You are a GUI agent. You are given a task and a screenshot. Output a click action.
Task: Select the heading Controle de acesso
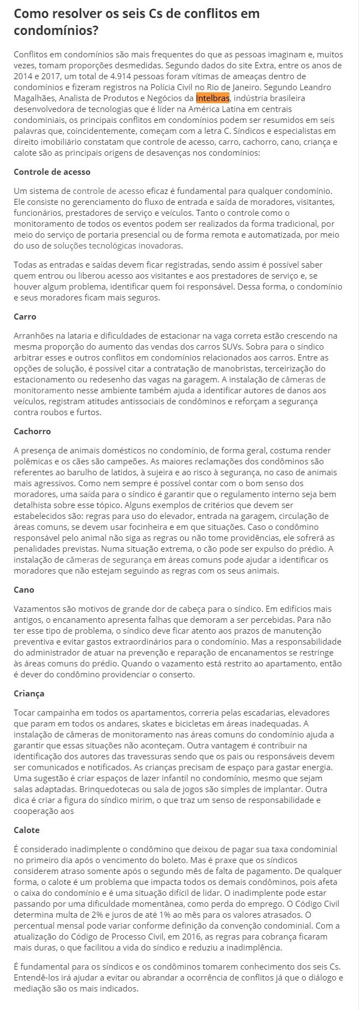click(52, 172)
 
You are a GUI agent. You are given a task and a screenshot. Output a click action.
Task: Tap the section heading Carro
click(25, 317)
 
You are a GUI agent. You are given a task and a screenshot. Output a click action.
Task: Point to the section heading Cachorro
click(32, 432)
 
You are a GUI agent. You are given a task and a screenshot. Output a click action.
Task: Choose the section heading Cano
click(24, 590)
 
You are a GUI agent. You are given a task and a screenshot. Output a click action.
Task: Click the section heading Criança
click(29, 694)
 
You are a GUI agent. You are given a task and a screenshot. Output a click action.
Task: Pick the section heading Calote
click(27, 830)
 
